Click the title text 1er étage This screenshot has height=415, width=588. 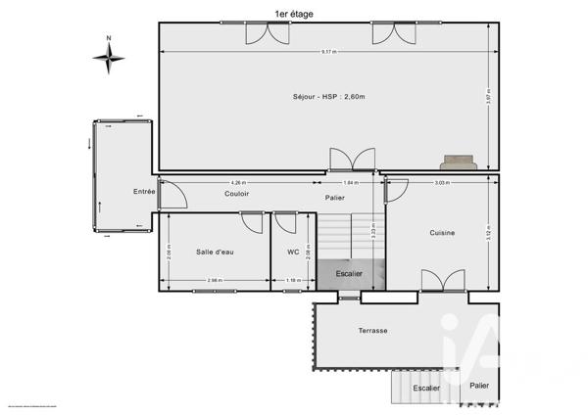[294, 13]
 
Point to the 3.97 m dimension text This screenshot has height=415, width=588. [488, 97]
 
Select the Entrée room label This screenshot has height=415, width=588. [145, 192]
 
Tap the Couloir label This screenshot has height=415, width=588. [236, 194]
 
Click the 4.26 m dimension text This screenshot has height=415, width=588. [238, 183]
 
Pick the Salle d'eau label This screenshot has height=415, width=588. [214, 253]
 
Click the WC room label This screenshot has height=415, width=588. [293, 253]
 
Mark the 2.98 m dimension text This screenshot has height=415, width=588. [215, 282]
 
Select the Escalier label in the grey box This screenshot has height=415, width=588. [349, 274]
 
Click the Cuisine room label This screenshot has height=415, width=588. [442, 233]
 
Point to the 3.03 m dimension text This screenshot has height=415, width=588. [442, 183]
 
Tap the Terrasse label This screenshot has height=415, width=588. [372, 331]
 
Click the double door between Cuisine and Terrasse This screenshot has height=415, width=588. [441, 282]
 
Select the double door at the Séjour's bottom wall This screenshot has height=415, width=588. [352, 161]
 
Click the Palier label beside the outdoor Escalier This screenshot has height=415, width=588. [479, 386]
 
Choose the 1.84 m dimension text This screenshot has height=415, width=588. [350, 183]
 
